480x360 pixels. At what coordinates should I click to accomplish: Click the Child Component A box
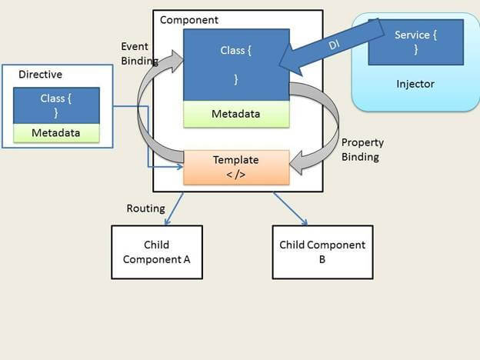click(x=157, y=252)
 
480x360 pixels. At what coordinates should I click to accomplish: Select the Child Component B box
click(x=322, y=252)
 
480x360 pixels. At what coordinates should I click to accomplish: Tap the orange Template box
click(x=236, y=167)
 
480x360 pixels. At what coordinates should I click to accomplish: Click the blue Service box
click(x=416, y=42)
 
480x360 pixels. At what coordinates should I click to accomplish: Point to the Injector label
click(x=415, y=83)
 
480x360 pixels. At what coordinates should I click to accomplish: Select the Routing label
click(x=145, y=208)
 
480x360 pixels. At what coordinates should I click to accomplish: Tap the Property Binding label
click(x=362, y=150)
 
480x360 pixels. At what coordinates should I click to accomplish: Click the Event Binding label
click(x=139, y=54)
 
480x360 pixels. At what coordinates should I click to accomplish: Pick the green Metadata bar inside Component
click(x=236, y=114)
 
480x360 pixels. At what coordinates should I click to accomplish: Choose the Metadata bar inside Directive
click(x=56, y=133)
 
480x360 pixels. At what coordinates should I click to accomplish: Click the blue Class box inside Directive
click(x=56, y=105)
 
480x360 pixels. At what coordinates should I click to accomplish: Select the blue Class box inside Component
click(x=236, y=64)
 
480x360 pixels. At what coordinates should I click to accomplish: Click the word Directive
click(x=39, y=75)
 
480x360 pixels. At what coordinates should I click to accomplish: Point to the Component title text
click(x=188, y=20)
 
